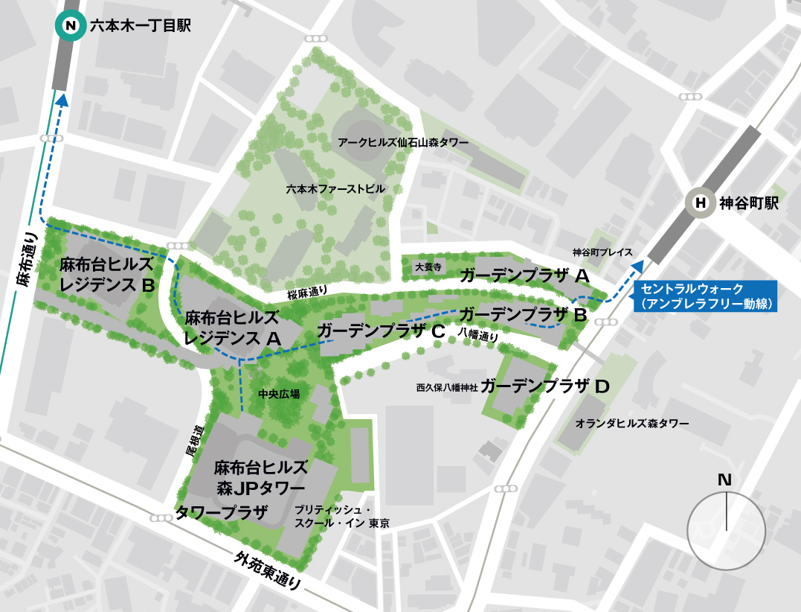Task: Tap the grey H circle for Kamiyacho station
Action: [x=700, y=203]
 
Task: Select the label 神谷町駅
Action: [x=749, y=203]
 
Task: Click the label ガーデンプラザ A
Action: [x=525, y=276]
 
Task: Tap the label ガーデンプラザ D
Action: [x=545, y=386]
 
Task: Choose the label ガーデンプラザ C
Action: [x=381, y=332]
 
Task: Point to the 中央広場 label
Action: [x=278, y=394]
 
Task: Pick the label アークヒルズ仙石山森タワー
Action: [x=403, y=141]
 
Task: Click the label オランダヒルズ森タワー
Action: [x=632, y=424]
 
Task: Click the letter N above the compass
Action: [x=724, y=480]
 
